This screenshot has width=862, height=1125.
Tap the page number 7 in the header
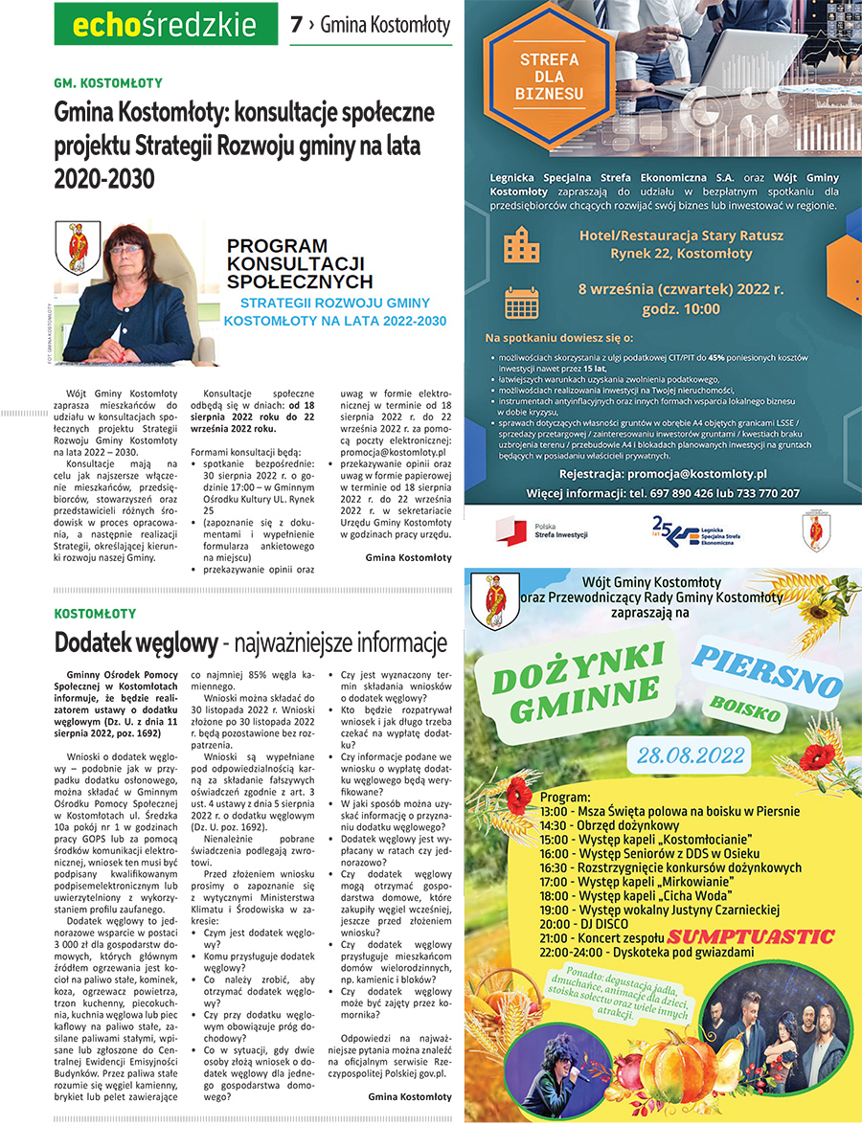[x=297, y=23]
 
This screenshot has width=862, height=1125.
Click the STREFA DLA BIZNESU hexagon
[x=549, y=78]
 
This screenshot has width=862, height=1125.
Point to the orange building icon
[x=522, y=245]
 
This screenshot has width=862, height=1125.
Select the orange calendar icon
[x=522, y=303]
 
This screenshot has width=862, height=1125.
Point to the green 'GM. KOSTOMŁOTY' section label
[x=108, y=83]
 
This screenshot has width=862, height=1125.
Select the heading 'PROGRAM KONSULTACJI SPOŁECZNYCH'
[x=299, y=263]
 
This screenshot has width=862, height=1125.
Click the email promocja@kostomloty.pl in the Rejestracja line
[x=696, y=473]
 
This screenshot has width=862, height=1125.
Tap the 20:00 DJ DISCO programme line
[x=583, y=923]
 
